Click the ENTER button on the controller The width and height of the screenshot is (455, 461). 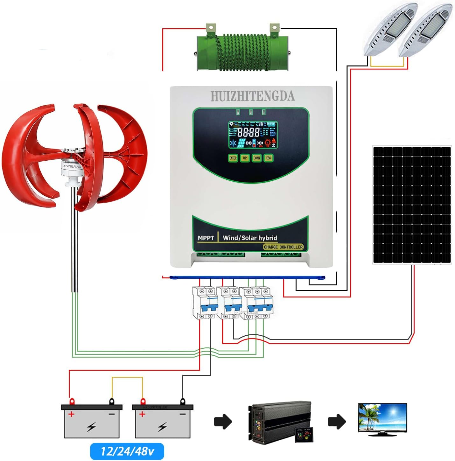pyautogui.click(x=233, y=158)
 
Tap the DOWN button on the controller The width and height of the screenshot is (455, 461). pyautogui.click(x=256, y=158)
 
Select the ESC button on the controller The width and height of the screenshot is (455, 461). pyautogui.click(x=269, y=158)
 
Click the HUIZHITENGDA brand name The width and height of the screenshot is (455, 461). pyautogui.click(x=252, y=96)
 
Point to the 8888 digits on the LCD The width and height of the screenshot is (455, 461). pyautogui.click(x=248, y=132)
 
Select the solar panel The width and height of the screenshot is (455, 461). pyautogui.click(x=412, y=205)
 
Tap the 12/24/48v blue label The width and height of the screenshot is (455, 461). pyautogui.click(x=127, y=451)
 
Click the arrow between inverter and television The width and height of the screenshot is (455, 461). pyautogui.click(x=337, y=422)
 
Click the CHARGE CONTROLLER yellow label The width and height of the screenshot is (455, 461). pyautogui.click(x=283, y=247)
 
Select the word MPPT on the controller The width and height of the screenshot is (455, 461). pyautogui.click(x=206, y=238)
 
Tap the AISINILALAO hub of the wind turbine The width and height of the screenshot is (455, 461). pyautogui.click(x=72, y=166)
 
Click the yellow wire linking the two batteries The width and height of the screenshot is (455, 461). pyautogui.click(x=127, y=378)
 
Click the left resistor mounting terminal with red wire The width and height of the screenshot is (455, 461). pyautogui.click(x=211, y=29)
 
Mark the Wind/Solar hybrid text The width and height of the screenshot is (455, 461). pyautogui.click(x=250, y=238)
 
